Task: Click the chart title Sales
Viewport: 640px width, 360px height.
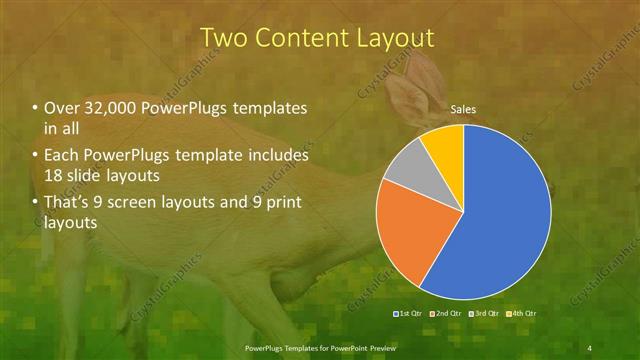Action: click(x=462, y=109)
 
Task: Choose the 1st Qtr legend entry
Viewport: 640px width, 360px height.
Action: click(x=406, y=314)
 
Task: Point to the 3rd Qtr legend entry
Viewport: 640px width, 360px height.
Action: click(x=486, y=314)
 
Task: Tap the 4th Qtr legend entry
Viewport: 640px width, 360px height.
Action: click(x=525, y=314)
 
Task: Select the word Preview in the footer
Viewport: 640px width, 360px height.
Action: click(x=378, y=347)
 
